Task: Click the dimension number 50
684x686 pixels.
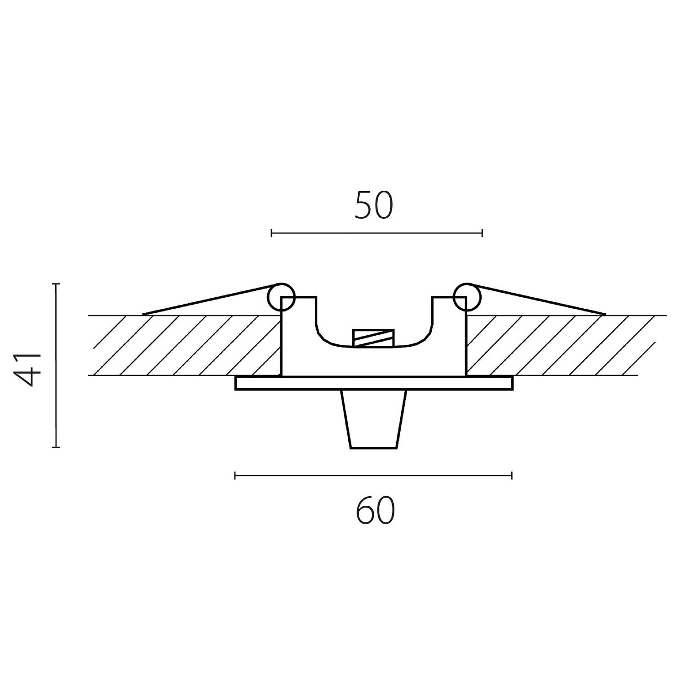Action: pyautogui.click(x=373, y=205)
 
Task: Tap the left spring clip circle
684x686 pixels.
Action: pyautogui.click(x=281, y=297)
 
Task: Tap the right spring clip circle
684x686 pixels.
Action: pyautogui.click(x=467, y=297)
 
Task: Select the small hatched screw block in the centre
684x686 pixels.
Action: pyautogui.click(x=374, y=338)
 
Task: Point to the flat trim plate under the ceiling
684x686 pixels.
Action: pyautogui.click(x=374, y=383)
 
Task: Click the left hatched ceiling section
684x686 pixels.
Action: pyautogui.click(x=185, y=345)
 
